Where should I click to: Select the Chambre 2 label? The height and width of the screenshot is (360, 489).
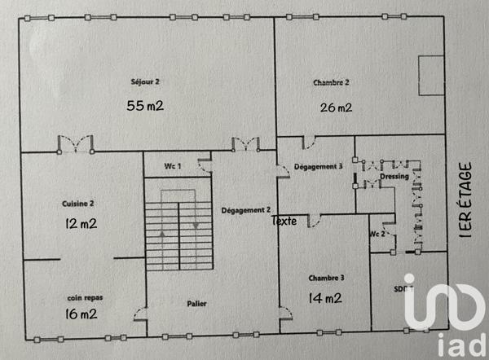[x=331, y=82]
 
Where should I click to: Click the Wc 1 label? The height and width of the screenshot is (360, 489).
[x=172, y=166]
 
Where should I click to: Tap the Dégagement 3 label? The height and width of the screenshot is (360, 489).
[x=316, y=167]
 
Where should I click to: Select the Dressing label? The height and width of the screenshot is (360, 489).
[x=394, y=177]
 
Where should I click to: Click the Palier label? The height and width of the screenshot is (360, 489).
[x=196, y=304]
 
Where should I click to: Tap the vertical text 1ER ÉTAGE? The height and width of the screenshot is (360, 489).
[x=465, y=200]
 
